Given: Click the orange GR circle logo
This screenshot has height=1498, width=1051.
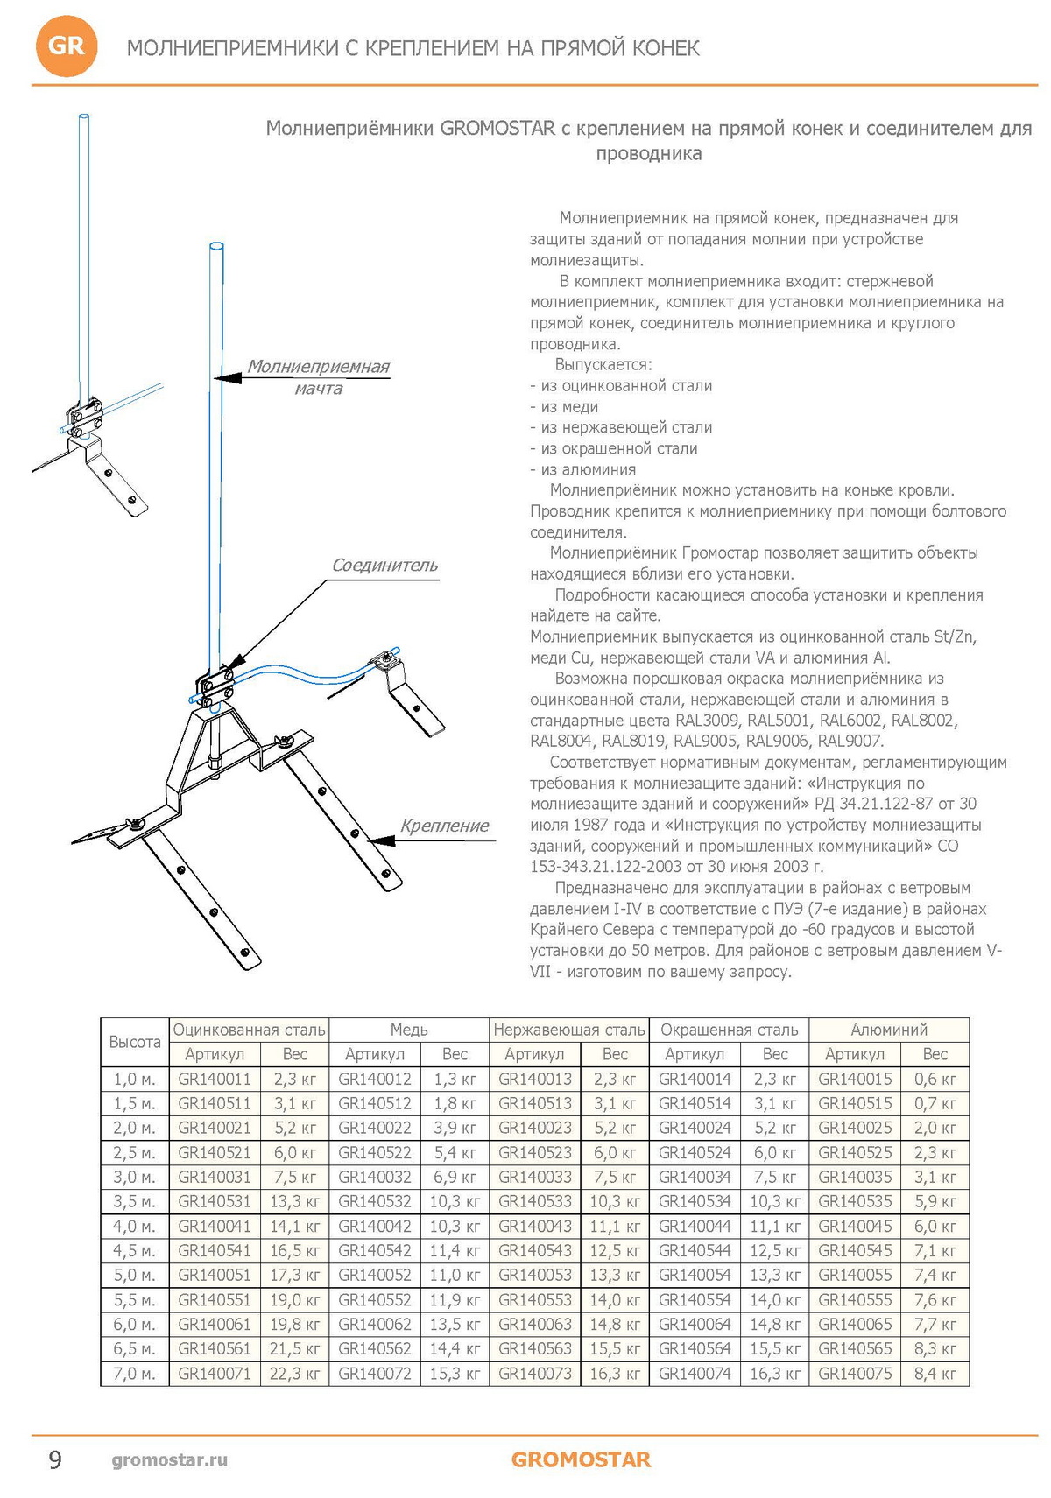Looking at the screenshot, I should (66, 46).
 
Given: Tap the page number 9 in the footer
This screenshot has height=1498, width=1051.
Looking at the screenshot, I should (55, 1459).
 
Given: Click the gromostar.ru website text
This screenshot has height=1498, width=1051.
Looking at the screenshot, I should (169, 1459).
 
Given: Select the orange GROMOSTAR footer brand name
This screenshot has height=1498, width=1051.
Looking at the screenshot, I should (581, 1459).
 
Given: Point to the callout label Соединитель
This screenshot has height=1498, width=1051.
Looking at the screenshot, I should (384, 566).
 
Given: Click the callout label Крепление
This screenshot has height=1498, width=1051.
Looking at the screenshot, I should (444, 826).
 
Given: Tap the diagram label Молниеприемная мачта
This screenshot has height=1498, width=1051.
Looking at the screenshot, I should (318, 376).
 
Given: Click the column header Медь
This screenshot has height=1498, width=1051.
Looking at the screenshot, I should (409, 1030).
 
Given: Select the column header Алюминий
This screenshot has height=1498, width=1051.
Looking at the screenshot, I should (888, 1030).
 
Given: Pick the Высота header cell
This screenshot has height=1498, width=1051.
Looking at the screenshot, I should (135, 1042).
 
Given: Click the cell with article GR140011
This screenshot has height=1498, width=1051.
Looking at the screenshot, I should (215, 1079).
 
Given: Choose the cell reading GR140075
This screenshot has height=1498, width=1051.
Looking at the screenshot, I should (855, 1373).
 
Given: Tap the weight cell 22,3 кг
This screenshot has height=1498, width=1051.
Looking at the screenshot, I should (294, 1373).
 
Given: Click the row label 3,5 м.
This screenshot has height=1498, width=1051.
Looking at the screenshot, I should (135, 1201).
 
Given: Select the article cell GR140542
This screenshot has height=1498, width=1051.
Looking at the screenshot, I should (375, 1250).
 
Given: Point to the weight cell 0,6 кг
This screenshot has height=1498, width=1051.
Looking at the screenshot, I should (935, 1079).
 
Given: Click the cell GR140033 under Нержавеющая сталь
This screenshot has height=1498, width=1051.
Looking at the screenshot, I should (535, 1177).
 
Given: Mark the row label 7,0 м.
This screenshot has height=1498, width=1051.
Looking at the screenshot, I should (135, 1373).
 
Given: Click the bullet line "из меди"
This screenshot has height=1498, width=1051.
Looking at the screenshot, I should (564, 407).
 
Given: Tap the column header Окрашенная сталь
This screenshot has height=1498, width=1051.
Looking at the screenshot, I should (729, 1030).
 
